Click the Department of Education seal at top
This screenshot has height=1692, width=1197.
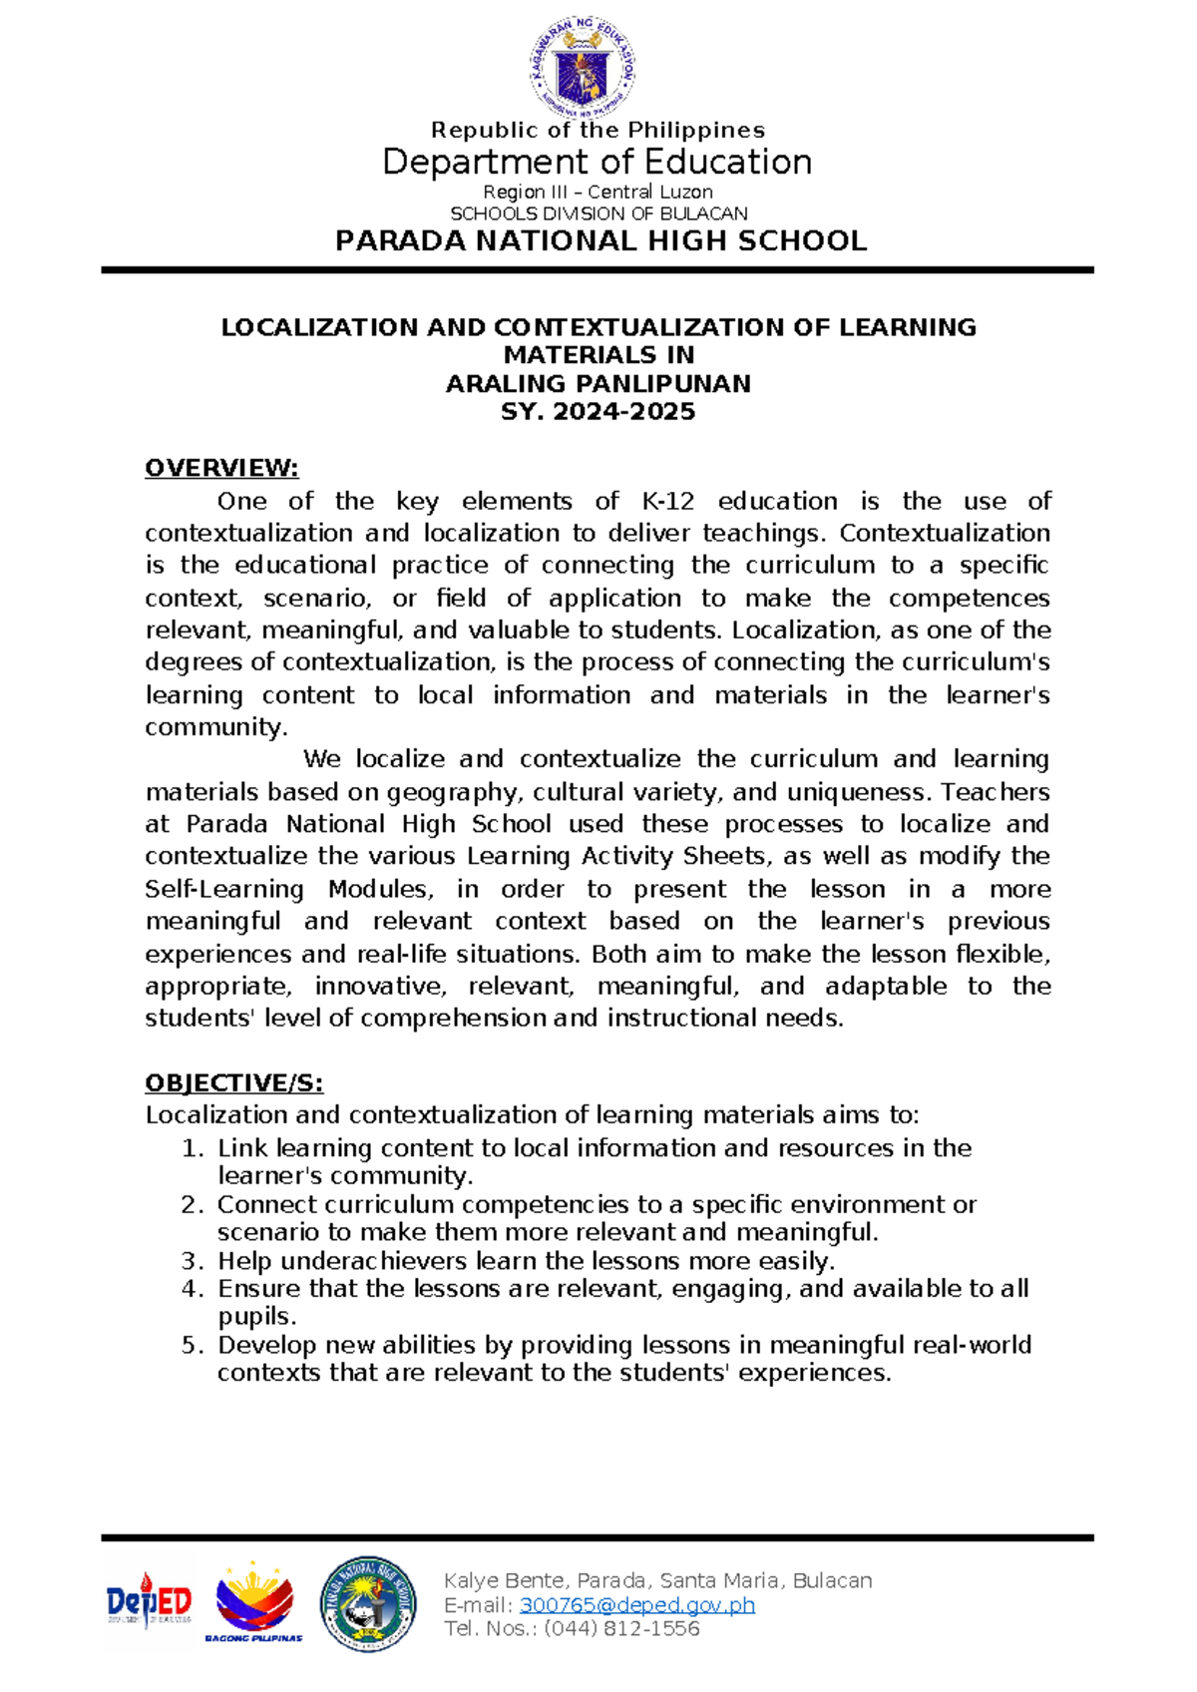582,67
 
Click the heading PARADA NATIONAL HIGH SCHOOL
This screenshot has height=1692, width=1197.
600,241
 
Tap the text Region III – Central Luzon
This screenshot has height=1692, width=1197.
598,192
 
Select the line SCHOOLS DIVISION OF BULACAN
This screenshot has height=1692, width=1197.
598,213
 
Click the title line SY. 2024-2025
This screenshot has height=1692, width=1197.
598,411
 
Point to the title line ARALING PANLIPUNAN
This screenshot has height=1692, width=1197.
598,383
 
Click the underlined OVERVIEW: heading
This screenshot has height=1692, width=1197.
221,468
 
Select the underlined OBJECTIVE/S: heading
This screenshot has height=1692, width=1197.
233,1083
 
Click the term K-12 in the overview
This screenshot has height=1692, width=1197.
668,501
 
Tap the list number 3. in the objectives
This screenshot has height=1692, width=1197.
193,1261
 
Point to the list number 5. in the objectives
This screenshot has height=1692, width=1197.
193,1345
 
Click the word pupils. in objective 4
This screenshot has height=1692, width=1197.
256,1317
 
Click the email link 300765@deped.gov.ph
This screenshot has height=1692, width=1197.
637,1604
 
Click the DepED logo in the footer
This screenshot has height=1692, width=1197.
149,1601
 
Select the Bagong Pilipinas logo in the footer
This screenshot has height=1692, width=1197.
254,1601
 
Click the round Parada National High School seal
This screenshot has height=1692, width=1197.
368,1602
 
